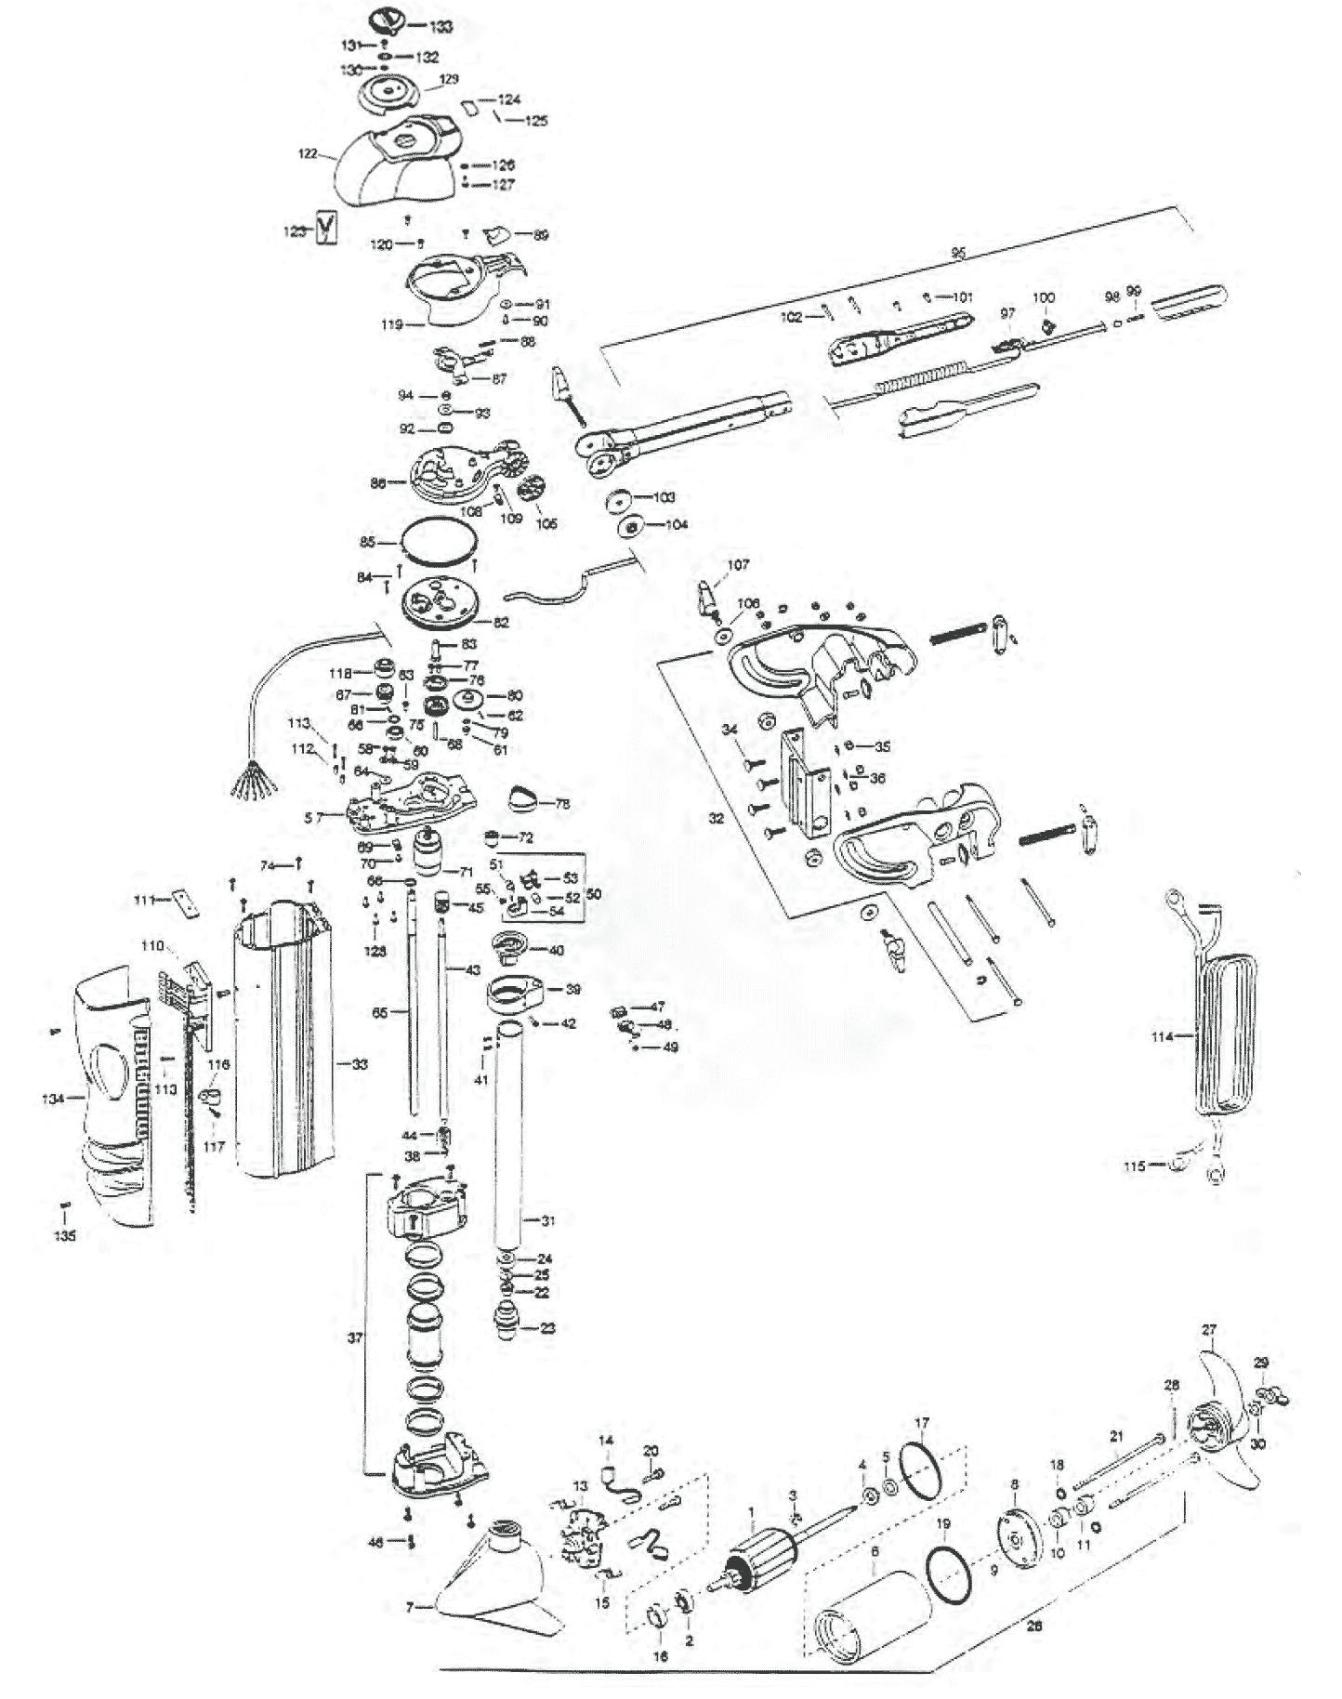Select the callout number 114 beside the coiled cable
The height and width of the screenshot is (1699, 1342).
click(1162, 1036)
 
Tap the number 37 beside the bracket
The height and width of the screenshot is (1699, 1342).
click(355, 1338)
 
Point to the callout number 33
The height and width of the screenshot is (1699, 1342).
click(359, 1063)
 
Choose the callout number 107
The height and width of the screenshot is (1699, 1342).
click(738, 564)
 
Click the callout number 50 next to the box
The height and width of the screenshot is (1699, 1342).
click(594, 893)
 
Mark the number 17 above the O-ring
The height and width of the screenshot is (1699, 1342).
click(921, 1423)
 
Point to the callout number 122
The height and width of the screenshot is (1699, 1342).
click(308, 153)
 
